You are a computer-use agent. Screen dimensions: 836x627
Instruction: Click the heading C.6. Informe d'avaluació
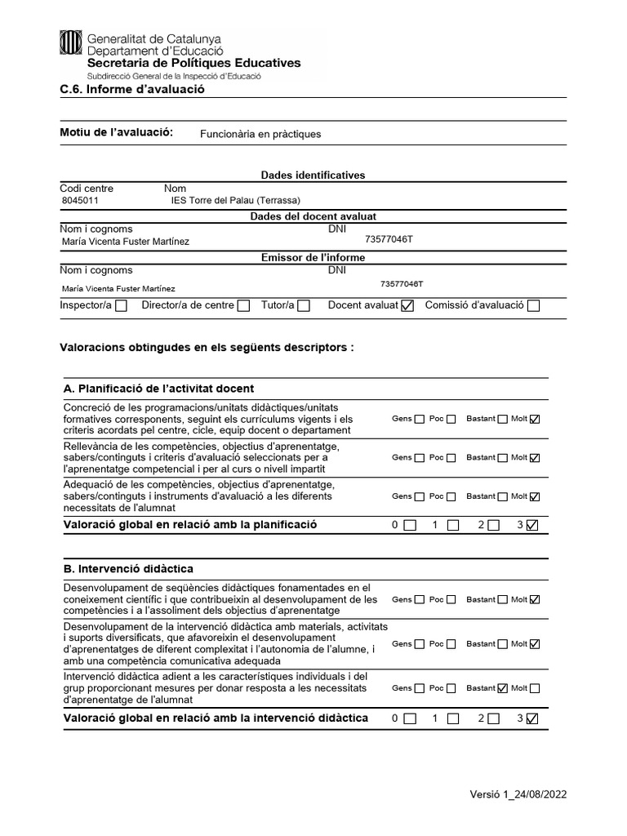click(132, 89)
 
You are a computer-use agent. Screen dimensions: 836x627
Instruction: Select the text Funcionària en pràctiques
click(260, 134)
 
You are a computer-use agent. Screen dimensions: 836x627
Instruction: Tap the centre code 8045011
click(81, 200)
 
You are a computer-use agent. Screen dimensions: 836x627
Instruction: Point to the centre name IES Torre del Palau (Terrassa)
click(235, 200)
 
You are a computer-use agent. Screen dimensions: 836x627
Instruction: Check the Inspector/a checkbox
click(122, 306)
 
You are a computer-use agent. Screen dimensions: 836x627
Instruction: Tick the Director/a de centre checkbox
click(243, 306)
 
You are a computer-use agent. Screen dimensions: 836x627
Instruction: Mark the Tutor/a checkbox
click(304, 306)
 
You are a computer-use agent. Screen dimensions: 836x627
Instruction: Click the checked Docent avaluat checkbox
click(408, 306)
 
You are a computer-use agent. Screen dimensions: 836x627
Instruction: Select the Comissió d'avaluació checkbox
click(533, 306)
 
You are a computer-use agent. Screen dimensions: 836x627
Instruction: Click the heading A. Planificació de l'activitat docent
click(158, 389)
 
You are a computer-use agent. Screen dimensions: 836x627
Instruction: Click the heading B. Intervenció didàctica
click(128, 568)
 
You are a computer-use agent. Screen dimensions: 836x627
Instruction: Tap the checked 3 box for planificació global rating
click(532, 525)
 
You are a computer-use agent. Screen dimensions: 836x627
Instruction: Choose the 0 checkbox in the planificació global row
click(410, 525)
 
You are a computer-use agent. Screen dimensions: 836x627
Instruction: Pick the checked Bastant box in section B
click(502, 688)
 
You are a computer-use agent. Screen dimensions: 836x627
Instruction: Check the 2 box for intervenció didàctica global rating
click(493, 718)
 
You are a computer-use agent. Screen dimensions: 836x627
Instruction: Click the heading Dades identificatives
click(313, 176)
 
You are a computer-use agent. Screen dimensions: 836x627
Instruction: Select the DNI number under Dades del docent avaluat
click(389, 240)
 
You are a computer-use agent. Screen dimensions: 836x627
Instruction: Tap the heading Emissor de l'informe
click(313, 257)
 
